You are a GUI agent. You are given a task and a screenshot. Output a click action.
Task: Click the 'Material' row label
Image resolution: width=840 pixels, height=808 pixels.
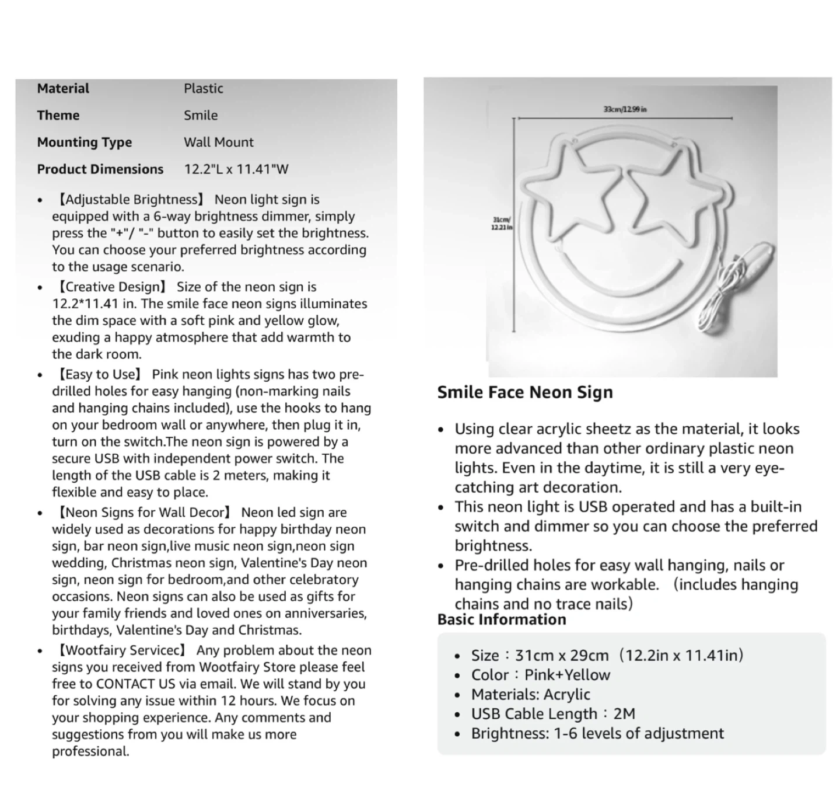[63, 89]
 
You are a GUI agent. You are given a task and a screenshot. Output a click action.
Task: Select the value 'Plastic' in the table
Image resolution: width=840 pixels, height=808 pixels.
[204, 89]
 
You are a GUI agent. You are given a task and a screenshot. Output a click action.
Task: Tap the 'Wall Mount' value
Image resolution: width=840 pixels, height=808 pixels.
[219, 142]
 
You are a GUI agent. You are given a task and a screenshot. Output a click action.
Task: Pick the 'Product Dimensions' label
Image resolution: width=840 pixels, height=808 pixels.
[100, 169]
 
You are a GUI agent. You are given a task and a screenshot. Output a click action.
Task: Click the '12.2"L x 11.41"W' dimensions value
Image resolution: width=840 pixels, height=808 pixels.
[236, 169]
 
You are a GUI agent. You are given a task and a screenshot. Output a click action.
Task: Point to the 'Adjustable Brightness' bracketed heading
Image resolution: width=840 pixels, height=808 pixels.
[130, 200]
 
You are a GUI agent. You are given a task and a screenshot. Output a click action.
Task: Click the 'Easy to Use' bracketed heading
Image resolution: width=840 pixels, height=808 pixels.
[99, 375]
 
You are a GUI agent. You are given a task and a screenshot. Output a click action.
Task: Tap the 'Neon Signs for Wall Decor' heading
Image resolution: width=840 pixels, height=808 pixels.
[143, 513]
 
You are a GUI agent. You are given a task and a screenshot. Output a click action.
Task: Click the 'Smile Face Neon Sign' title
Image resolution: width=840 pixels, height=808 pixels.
[525, 392]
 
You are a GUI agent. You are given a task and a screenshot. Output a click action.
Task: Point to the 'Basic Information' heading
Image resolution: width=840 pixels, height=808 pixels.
[502, 619]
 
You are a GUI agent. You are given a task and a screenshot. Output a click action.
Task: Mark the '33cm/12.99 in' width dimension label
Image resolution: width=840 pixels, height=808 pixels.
[625, 109]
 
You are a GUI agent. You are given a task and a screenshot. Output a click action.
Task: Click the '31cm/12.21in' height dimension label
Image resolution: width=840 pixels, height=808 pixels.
[501, 223]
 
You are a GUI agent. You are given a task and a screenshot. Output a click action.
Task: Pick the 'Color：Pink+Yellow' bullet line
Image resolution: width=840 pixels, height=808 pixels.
[541, 675]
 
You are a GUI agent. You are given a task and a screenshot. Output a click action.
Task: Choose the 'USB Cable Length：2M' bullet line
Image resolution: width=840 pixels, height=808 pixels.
[553, 714]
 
